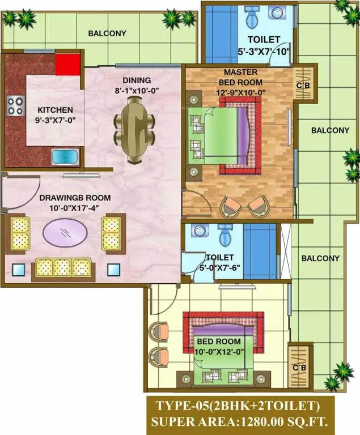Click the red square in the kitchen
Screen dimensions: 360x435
pyautogui.click(x=68, y=65)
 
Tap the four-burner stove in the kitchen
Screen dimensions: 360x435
pyautogui.click(x=15, y=106)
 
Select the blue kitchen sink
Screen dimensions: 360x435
pyautogui.click(x=65, y=157)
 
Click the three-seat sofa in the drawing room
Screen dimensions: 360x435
pyautogui.click(x=63, y=269)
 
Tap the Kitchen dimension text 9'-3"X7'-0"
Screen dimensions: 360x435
pyautogui.click(x=56, y=120)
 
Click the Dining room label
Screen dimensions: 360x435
pyautogui.click(x=137, y=80)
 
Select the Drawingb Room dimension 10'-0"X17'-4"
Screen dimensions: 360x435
pyautogui.click(x=74, y=208)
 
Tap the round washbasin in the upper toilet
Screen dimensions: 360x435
pyautogui.click(x=277, y=13)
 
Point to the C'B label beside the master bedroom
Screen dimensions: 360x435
pyautogui.click(x=303, y=86)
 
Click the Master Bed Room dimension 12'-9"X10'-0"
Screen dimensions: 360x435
pyautogui.click(x=241, y=92)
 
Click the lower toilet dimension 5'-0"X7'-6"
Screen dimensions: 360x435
pyautogui.click(x=220, y=268)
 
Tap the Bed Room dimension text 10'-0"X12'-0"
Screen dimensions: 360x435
pyautogui.click(x=219, y=352)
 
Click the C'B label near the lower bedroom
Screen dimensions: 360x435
pyautogui.click(x=299, y=368)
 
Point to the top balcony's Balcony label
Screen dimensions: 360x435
pyautogui.click(x=107, y=33)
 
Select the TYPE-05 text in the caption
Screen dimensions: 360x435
pyautogui.click(x=181, y=406)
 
